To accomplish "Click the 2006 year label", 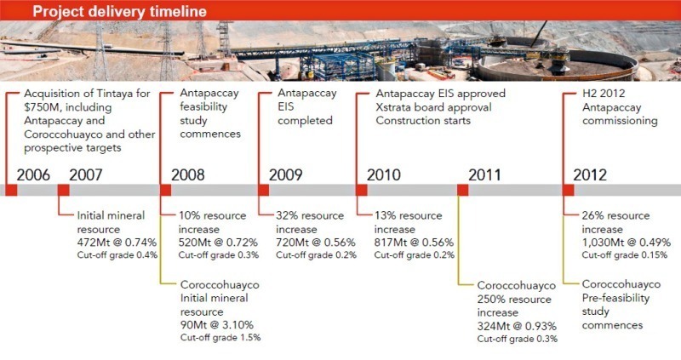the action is (33, 174).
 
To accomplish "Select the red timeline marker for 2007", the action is (63, 190).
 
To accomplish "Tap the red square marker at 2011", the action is (462, 190).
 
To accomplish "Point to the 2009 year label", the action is (285, 174).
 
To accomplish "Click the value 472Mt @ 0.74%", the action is (117, 243).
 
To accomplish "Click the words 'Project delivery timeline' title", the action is (119, 11).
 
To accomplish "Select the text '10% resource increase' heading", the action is (212, 222).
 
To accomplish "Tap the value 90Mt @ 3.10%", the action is (217, 324).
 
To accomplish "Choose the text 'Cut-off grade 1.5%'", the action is (220, 337).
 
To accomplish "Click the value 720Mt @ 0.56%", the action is (316, 243).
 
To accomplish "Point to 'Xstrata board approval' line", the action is (433, 107).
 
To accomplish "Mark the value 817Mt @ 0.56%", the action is (414, 243).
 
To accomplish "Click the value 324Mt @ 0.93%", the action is (517, 326).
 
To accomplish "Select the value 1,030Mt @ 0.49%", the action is (627, 243).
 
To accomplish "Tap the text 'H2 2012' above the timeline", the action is (604, 94).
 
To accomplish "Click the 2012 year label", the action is (590, 174).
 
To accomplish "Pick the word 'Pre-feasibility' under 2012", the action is (615, 298).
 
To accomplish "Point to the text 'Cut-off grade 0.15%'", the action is (625, 255).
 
